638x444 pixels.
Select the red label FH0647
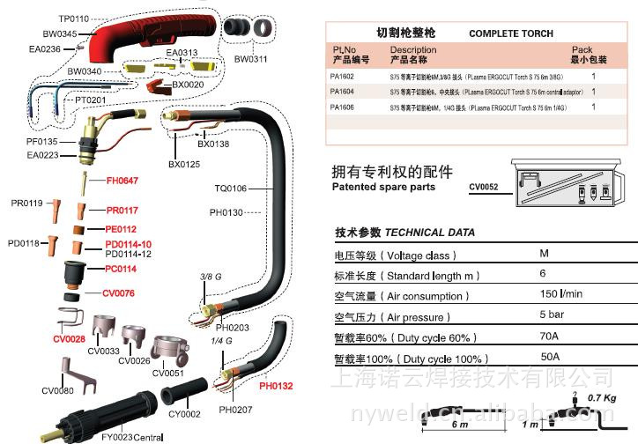[x=122, y=181]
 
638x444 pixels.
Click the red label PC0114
[x=121, y=269]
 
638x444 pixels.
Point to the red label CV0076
[x=118, y=293]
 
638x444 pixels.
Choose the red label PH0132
[x=276, y=386]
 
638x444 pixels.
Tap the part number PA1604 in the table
[x=341, y=91]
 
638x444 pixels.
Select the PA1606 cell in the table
[x=341, y=107]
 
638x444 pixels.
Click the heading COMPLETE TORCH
[x=511, y=33]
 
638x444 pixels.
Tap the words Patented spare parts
[x=383, y=188]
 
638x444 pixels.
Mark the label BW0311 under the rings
[x=250, y=59]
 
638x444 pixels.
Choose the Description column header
[x=412, y=50]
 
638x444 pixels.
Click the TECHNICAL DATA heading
[x=430, y=233]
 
